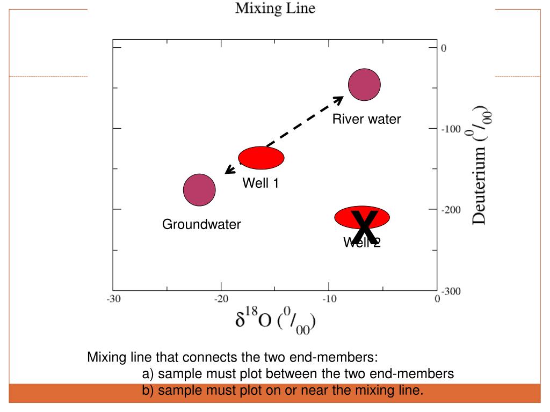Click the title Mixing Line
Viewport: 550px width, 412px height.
tap(274, 9)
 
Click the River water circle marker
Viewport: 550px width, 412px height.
tap(364, 85)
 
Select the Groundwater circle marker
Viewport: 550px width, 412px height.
tap(199, 190)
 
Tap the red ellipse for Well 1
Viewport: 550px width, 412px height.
tap(261, 158)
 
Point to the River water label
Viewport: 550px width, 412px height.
tap(366, 119)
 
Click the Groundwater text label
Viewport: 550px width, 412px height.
tap(201, 225)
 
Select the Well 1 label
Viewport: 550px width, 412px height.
tap(260, 183)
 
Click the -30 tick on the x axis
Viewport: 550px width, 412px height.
tap(113, 299)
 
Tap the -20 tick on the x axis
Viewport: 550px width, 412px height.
tap(221, 299)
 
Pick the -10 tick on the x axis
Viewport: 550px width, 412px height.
tap(329, 299)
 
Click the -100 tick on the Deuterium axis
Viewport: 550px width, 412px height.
tap(451, 129)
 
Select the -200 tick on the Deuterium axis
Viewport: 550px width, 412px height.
tap(451, 210)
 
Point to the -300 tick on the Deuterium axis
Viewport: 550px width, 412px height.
tap(451, 291)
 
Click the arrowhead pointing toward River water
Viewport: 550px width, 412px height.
tap(338, 100)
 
